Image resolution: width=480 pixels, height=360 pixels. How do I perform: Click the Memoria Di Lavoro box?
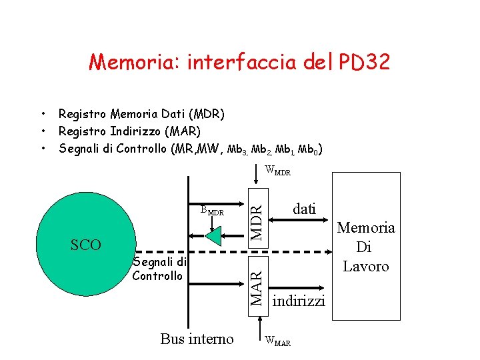coord(365,247)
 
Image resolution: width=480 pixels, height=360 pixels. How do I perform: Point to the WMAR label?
coord(278,341)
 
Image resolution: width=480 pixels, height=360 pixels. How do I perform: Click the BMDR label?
coord(211,211)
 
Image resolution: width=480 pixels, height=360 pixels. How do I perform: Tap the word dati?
coord(305,209)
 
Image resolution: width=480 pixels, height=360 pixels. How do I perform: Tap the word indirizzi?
coord(299,301)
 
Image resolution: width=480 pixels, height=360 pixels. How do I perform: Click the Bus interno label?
coord(197,339)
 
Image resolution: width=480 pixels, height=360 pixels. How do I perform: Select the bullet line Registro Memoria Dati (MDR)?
coord(141,114)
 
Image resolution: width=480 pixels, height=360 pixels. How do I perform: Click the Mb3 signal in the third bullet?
coord(237,149)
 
